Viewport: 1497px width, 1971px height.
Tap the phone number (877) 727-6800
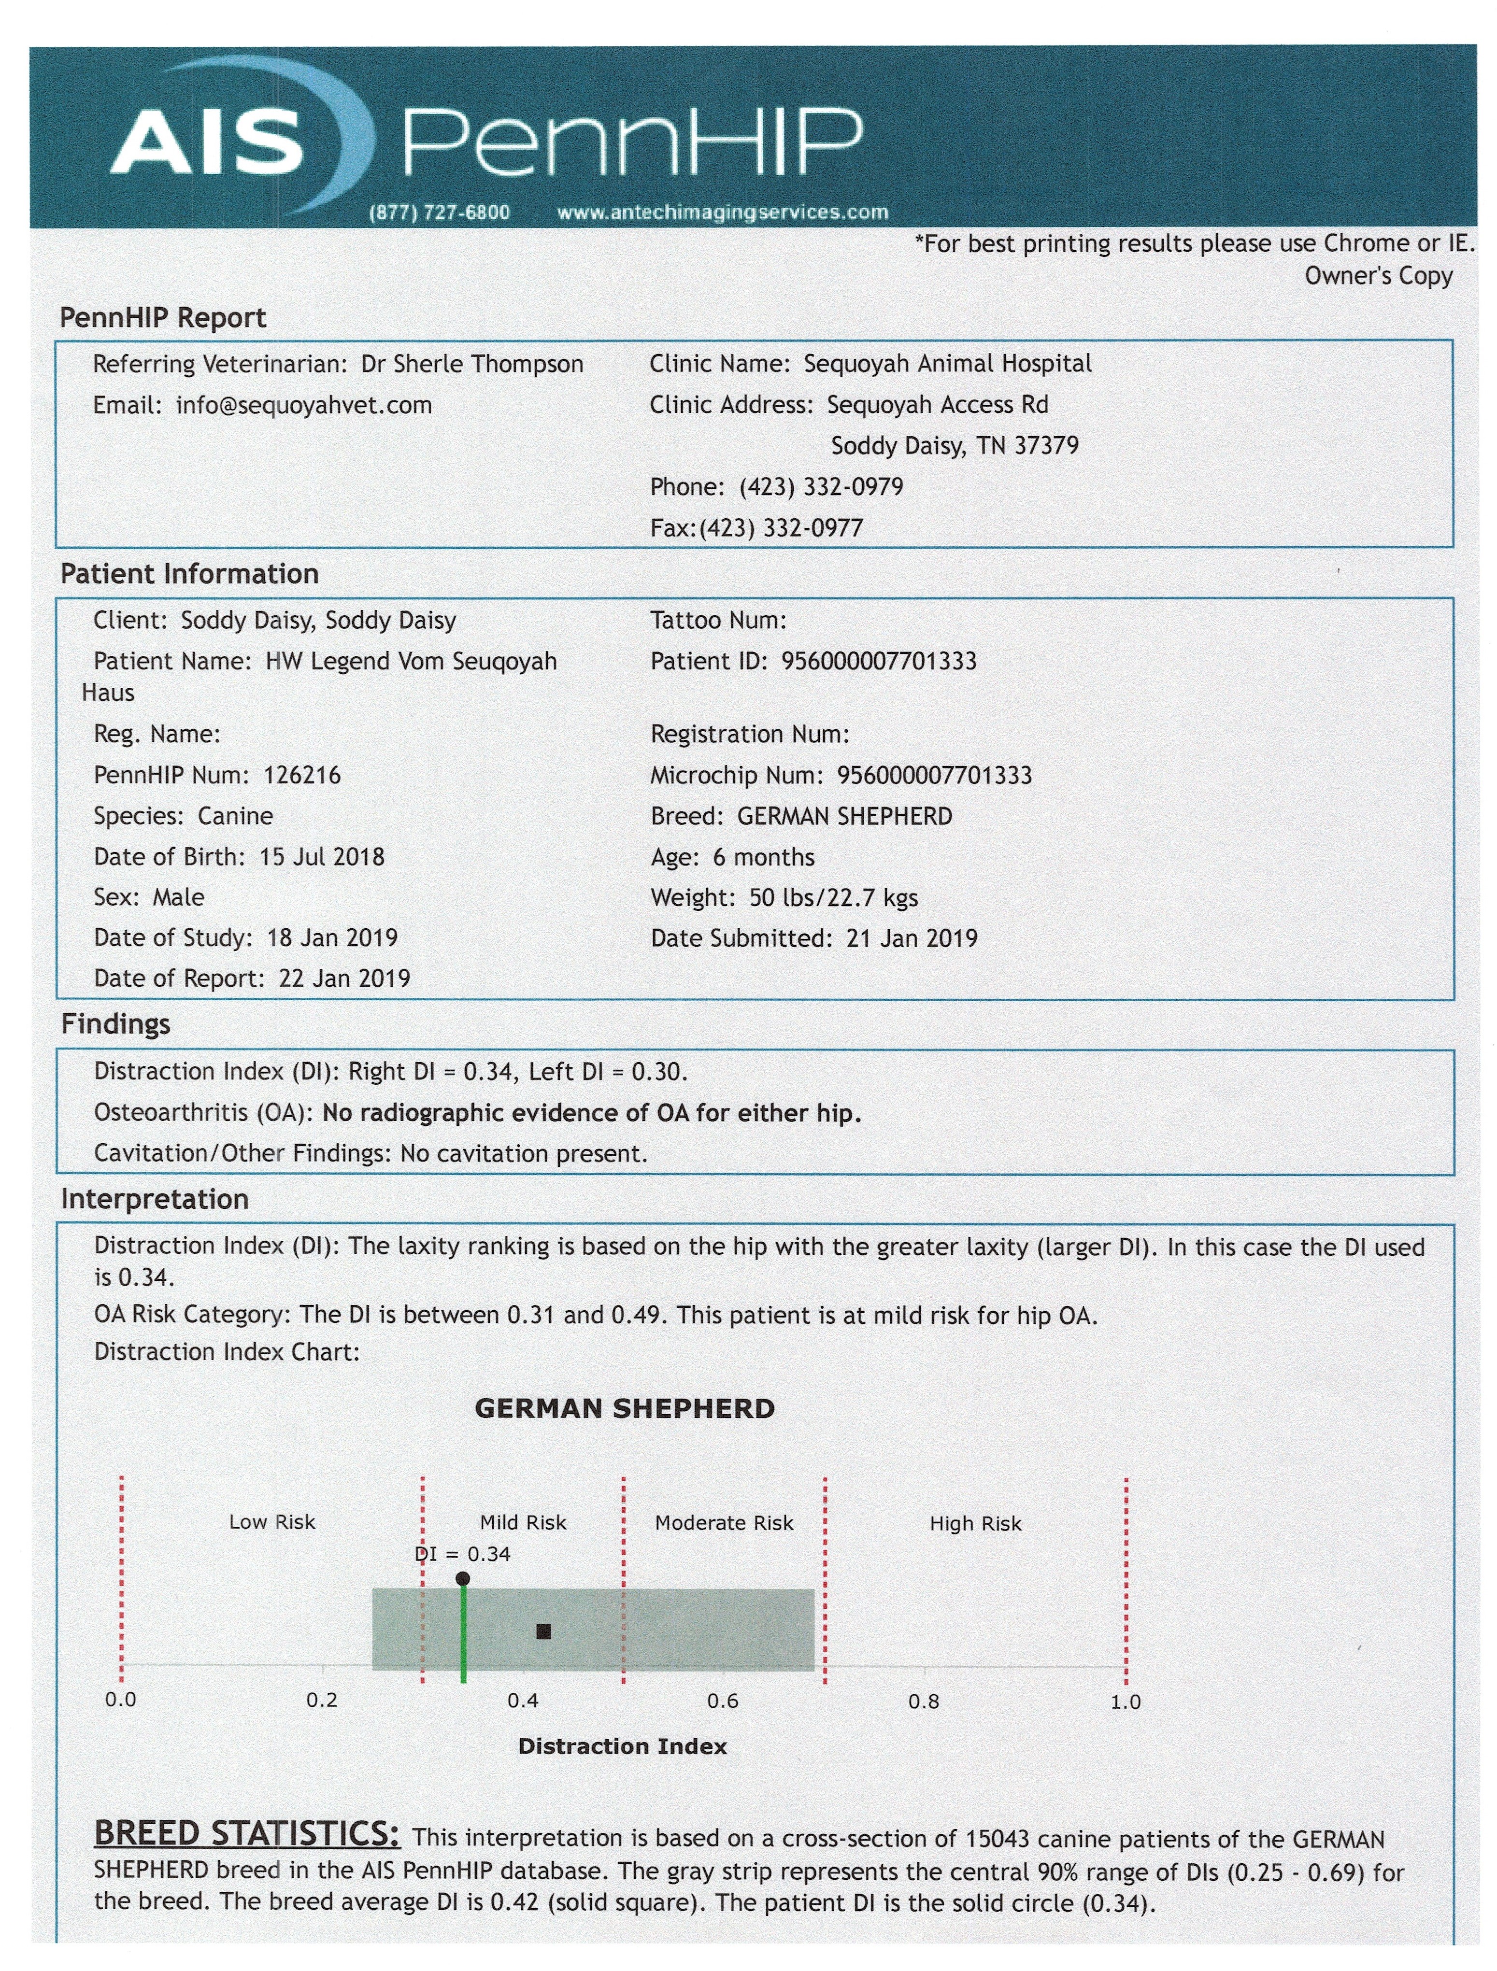pos(439,212)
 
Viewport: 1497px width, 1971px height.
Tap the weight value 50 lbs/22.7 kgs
pos(833,897)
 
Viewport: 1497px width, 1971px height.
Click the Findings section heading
pos(116,1024)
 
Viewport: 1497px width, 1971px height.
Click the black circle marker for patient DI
pos(462,1579)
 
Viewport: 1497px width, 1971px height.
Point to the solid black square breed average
pos(543,1631)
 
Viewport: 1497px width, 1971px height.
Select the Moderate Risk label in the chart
pos(724,1523)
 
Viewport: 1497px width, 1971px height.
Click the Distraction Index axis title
pos(622,1746)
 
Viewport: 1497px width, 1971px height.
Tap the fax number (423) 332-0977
pos(781,527)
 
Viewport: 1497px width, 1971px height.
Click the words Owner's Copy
pos(1379,276)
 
